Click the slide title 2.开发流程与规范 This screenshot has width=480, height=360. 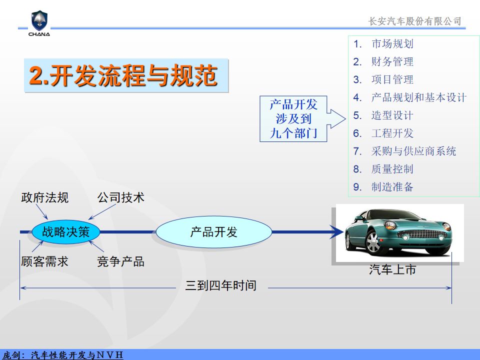(123, 75)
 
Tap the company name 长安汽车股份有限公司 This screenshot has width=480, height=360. (415, 21)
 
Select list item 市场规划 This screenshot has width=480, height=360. (392, 44)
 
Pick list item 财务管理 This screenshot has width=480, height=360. (392, 61)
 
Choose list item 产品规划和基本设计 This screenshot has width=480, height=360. (419, 97)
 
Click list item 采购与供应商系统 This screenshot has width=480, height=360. (413, 151)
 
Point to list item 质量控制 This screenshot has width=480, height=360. (392, 169)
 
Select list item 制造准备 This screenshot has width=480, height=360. (392, 186)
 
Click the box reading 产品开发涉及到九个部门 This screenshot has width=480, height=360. (293, 119)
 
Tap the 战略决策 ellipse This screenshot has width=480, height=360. (66, 231)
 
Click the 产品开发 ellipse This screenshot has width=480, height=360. (213, 231)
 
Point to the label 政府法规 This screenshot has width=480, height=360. (44, 197)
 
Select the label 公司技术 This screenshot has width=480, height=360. (120, 197)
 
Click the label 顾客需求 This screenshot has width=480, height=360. (44, 261)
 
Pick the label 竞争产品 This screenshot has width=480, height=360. (120, 261)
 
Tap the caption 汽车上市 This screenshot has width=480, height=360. (392, 269)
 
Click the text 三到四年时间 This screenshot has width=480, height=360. (220, 285)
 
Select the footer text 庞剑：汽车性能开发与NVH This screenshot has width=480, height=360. (63, 355)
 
